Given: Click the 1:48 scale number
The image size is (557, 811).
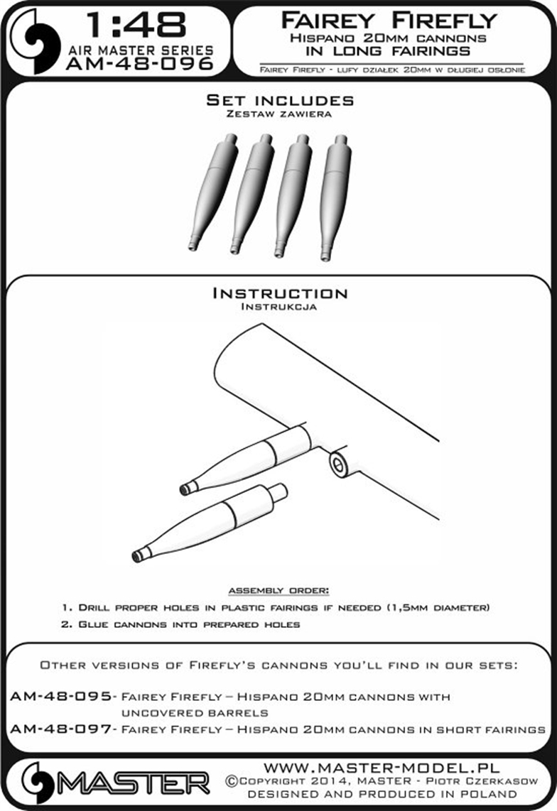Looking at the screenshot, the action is (136, 26).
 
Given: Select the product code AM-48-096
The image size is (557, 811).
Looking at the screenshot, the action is (140, 64).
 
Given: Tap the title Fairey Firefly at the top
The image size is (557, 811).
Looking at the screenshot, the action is (389, 21).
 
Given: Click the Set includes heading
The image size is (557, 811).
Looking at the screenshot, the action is (280, 100).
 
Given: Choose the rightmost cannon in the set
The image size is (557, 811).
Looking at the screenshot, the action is (335, 197).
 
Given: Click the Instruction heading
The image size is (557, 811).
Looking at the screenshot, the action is (279, 293).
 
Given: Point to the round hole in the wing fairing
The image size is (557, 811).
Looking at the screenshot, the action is (337, 465).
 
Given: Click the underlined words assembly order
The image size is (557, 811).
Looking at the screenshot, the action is (278, 591).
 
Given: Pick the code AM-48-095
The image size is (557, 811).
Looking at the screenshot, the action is (61, 696).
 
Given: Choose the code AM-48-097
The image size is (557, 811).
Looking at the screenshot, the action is (61, 729).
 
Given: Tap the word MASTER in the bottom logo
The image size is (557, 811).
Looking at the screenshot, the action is (133, 783).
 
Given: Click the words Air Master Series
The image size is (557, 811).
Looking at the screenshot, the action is (141, 50).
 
